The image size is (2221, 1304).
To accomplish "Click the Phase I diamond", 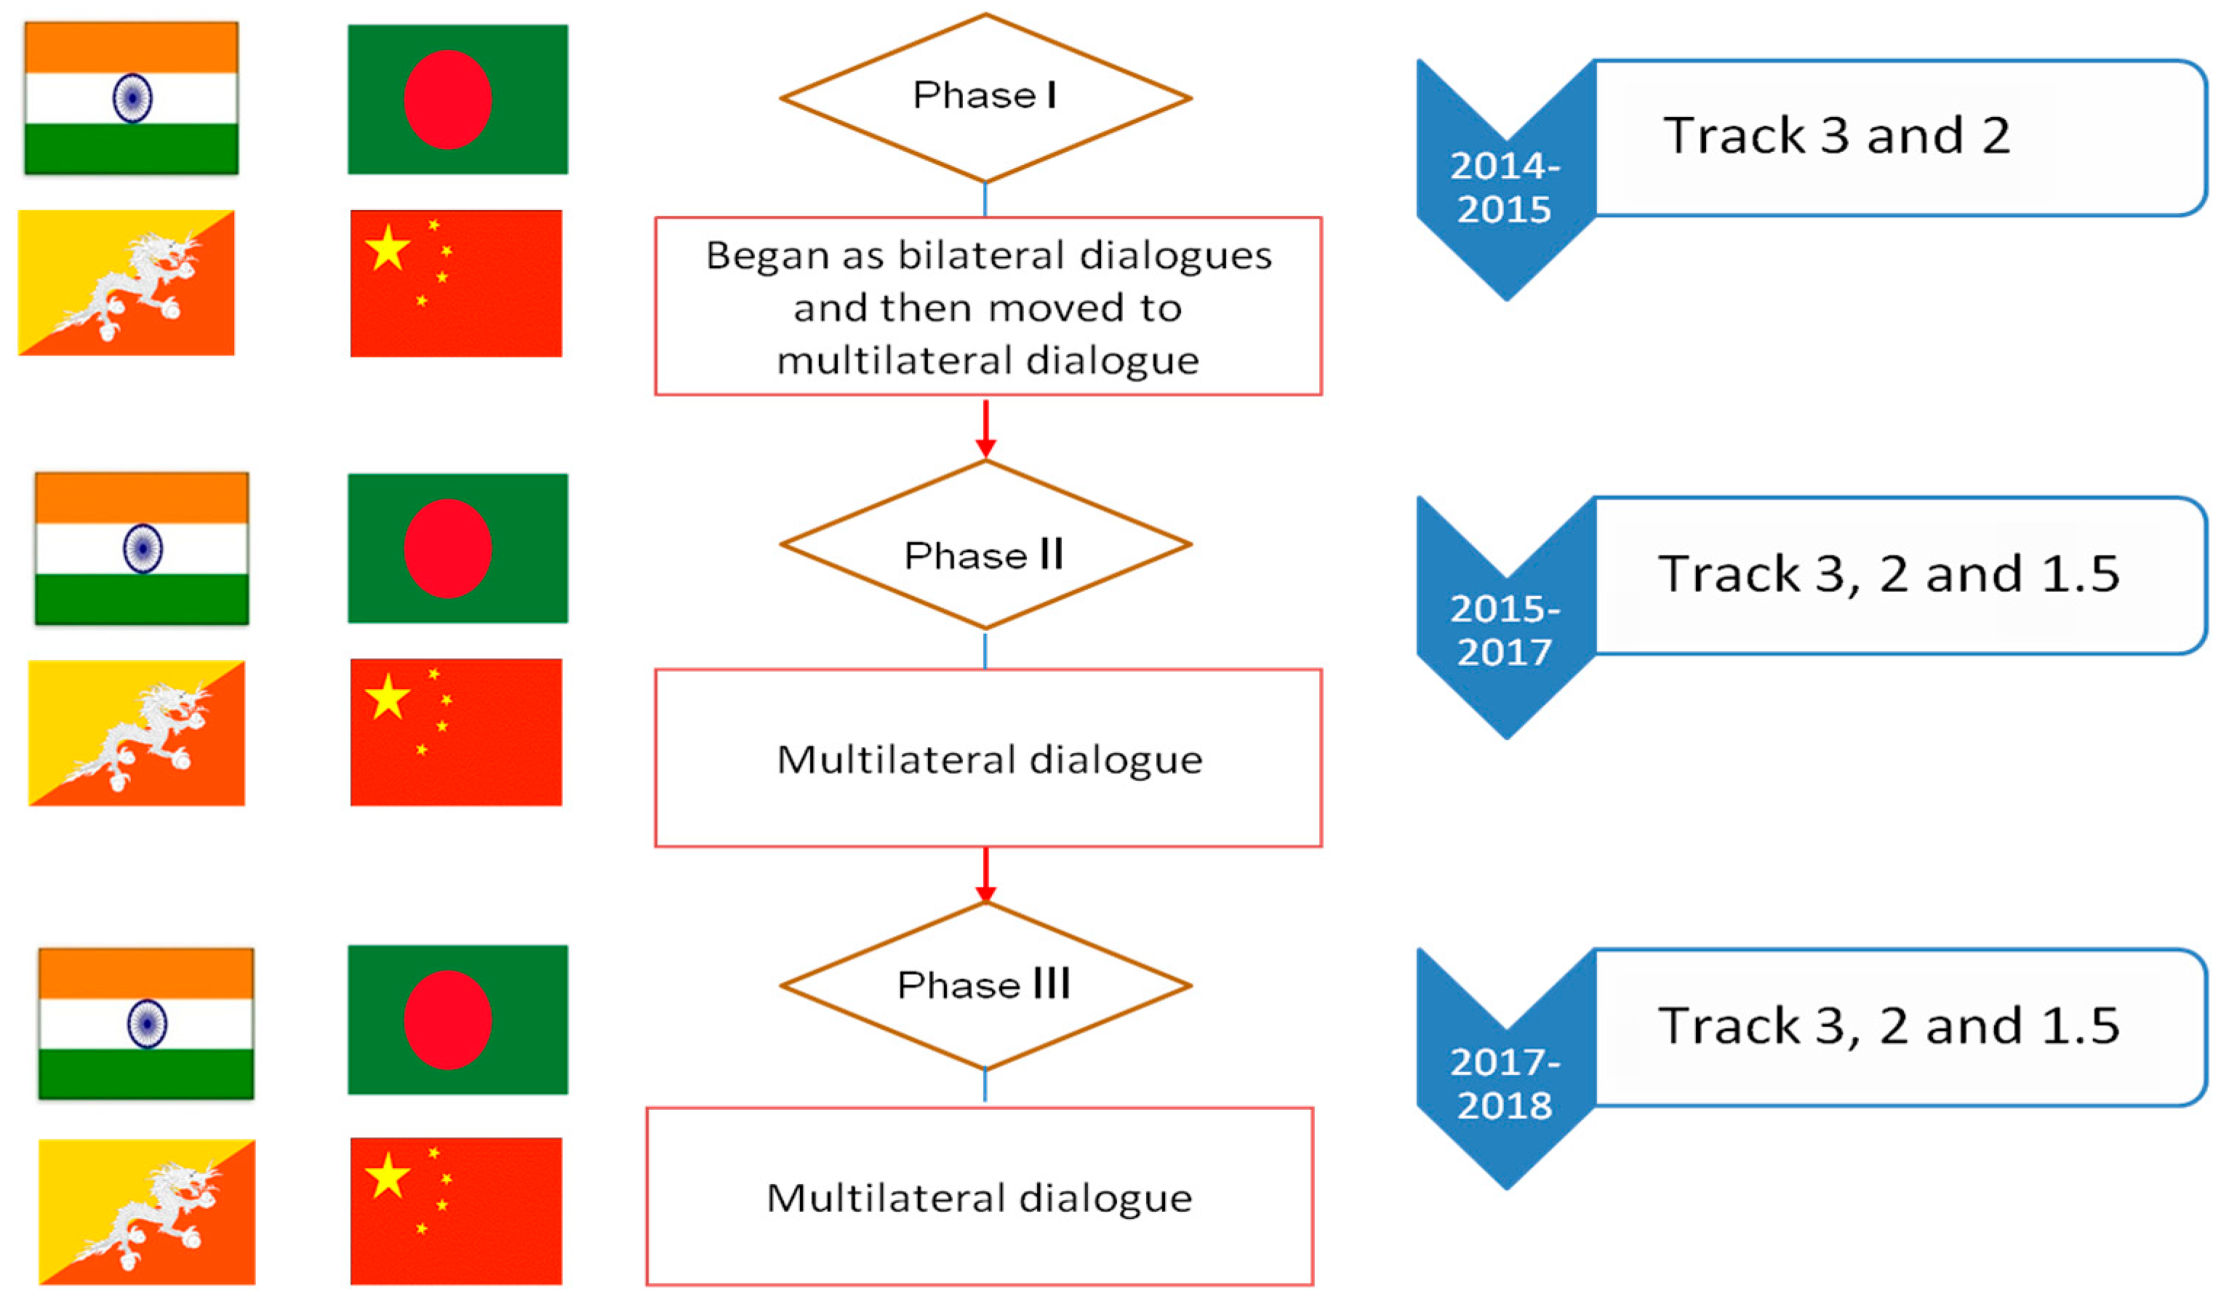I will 985,97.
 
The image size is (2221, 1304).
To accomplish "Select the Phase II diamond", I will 985,545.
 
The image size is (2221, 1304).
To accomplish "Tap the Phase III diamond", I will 985,985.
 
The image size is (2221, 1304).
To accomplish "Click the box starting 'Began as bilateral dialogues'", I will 987,307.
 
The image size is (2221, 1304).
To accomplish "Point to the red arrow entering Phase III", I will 985,876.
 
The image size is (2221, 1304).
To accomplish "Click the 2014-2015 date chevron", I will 1505,187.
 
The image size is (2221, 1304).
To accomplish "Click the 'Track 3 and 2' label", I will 1837,136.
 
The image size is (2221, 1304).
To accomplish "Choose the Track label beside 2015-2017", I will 1888,573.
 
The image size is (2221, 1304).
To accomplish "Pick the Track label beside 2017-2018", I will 1888,1026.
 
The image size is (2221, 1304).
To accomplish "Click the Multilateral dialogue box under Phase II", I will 987,757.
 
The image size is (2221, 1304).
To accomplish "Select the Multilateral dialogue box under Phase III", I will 978,1196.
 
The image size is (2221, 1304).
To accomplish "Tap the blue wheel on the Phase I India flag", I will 132,98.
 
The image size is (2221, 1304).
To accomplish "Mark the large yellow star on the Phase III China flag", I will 387,1176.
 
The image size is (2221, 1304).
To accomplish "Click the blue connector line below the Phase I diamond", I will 985,199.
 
